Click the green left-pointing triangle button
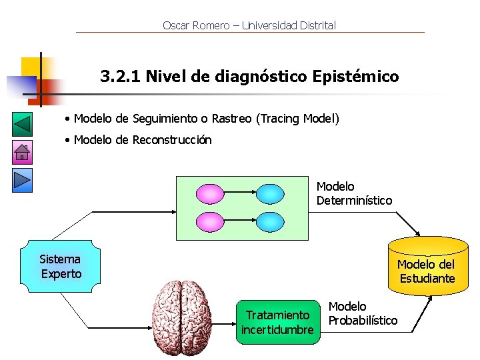pyautogui.click(x=22, y=125)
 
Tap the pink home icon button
pyautogui.click(x=22, y=153)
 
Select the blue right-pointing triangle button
pyautogui.click(x=22, y=179)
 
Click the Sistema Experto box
pyautogui.click(x=61, y=267)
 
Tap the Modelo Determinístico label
pyautogui.click(x=354, y=193)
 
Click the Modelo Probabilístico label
pyautogui.click(x=363, y=313)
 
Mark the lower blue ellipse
pyautogui.click(x=271, y=221)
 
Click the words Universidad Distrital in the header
pyautogui.click(x=289, y=26)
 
